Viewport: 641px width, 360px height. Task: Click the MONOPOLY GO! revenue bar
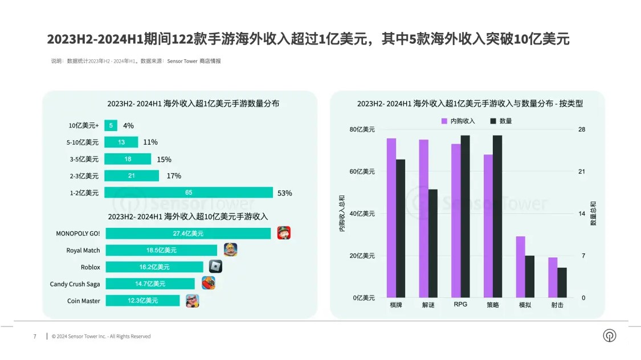click(188, 234)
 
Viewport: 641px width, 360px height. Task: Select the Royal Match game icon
click(231, 249)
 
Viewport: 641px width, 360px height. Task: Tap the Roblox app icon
click(215, 267)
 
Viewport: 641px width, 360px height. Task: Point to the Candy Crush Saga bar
click(150, 284)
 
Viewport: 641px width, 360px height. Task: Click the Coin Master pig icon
click(193, 301)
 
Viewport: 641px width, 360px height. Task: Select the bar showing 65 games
click(189, 193)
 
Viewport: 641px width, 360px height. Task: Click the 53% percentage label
click(284, 193)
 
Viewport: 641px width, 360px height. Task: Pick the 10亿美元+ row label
click(84, 125)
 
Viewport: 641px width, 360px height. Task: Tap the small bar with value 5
click(111, 125)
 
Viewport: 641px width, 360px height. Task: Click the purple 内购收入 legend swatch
click(444, 121)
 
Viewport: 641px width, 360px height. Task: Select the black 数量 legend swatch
click(493, 121)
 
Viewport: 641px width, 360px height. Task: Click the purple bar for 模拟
click(520, 267)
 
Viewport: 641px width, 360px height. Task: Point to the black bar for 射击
click(562, 283)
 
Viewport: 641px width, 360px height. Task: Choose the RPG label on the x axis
click(460, 304)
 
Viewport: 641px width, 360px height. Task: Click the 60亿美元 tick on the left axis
click(362, 171)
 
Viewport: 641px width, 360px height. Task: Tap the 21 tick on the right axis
click(582, 171)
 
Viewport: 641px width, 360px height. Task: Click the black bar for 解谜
click(433, 243)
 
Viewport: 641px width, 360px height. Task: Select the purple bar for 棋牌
click(391, 218)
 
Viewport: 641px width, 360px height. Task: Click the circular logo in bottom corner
click(610, 336)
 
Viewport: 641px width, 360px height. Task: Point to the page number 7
click(35, 336)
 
